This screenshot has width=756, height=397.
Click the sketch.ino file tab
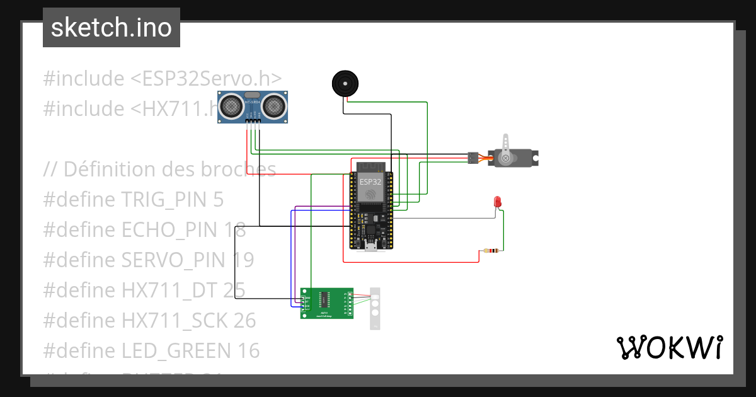click(112, 28)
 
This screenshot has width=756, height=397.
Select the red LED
click(497, 202)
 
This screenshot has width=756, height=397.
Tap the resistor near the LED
click(491, 251)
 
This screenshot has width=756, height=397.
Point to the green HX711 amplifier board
click(327, 303)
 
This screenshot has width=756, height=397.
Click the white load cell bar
click(375, 308)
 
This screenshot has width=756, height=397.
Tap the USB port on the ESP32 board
click(371, 246)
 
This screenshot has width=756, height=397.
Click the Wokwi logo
click(669, 347)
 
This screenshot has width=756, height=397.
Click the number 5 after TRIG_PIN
click(218, 200)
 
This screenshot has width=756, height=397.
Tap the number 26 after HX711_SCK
click(244, 320)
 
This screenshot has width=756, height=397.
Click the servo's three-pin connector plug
click(472, 158)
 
